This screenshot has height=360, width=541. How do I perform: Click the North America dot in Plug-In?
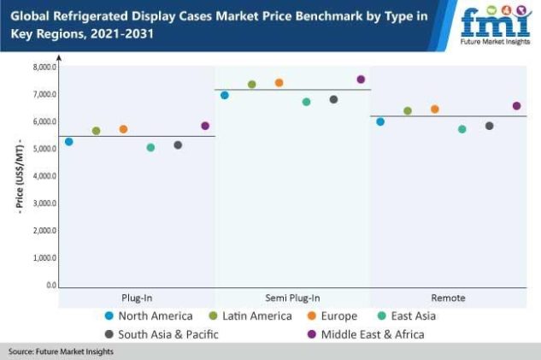coord(69,142)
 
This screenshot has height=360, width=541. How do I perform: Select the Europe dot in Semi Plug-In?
coord(279,83)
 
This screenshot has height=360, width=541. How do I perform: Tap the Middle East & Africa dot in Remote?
coord(516,106)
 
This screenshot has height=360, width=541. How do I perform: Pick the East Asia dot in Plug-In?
coord(151,148)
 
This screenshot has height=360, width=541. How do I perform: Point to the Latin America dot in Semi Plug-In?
coord(252,85)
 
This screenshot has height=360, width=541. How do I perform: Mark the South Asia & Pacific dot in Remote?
coord(490,126)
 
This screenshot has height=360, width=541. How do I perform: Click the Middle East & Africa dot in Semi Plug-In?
coord(361,80)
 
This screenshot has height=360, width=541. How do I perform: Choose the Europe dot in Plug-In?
coord(123,129)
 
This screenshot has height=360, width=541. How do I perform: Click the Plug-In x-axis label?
coord(137,298)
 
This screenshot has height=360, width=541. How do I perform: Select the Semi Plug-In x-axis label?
coord(292,298)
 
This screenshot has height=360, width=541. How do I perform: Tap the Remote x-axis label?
coord(448,298)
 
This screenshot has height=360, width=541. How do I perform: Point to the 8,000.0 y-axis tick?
coord(44,67)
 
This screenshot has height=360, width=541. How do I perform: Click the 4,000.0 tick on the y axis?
coord(44,176)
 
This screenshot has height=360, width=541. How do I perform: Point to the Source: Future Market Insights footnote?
coord(62,352)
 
